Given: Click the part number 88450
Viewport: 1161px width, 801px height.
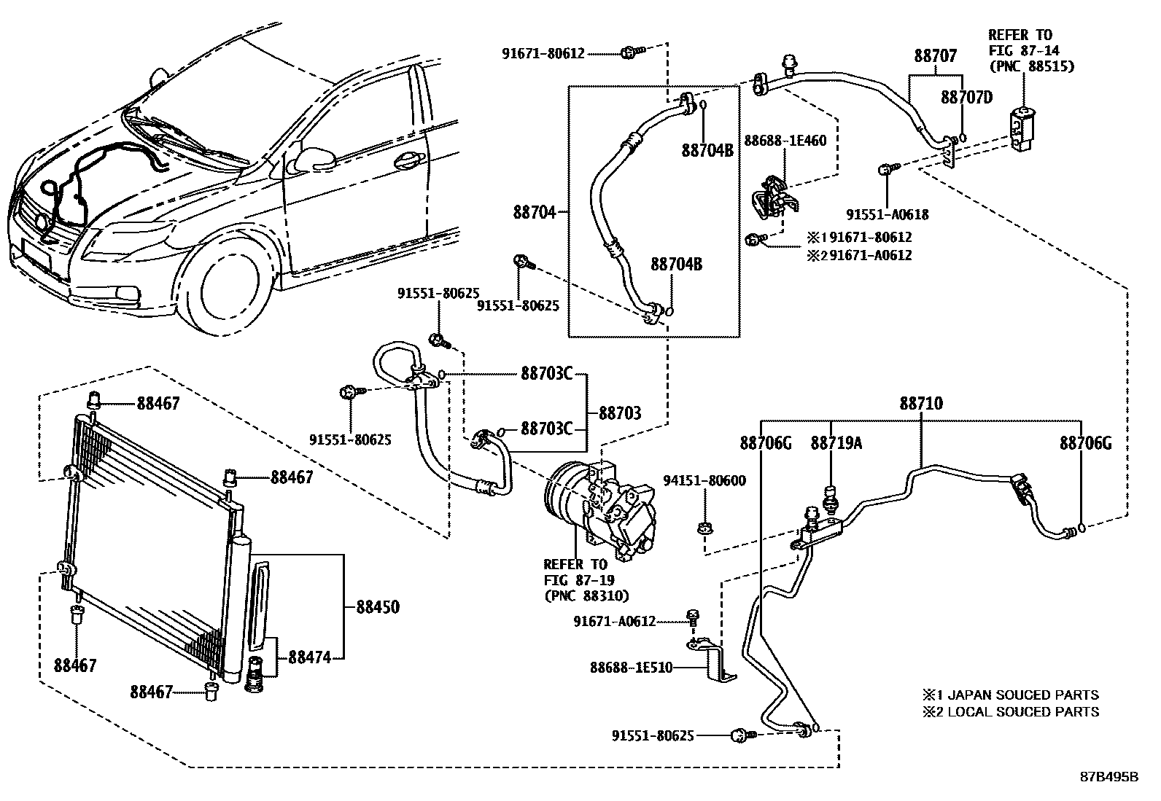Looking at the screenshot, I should (x=378, y=606).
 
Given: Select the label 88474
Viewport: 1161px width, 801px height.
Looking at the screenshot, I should (x=310, y=657).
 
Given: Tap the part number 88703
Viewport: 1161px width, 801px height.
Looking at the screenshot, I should (x=620, y=413).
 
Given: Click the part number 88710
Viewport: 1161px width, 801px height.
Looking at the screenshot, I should (x=920, y=403).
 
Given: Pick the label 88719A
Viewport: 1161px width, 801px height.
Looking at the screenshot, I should (x=836, y=442).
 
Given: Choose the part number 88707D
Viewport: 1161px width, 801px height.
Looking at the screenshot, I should (x=966, y=97).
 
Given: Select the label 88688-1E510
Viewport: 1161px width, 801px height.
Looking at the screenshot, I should (x=631, y=667).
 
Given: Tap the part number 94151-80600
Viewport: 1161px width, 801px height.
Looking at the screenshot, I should (x=704, y=480).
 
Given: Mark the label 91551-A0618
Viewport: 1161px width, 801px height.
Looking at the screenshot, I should (x=888, y=214).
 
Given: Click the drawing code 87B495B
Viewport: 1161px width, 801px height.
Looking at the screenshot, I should (x=1109, y=776).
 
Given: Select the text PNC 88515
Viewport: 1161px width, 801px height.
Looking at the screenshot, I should (x=1031, y=66).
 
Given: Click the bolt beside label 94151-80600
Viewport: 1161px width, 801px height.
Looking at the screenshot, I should (x=705, y=526).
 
